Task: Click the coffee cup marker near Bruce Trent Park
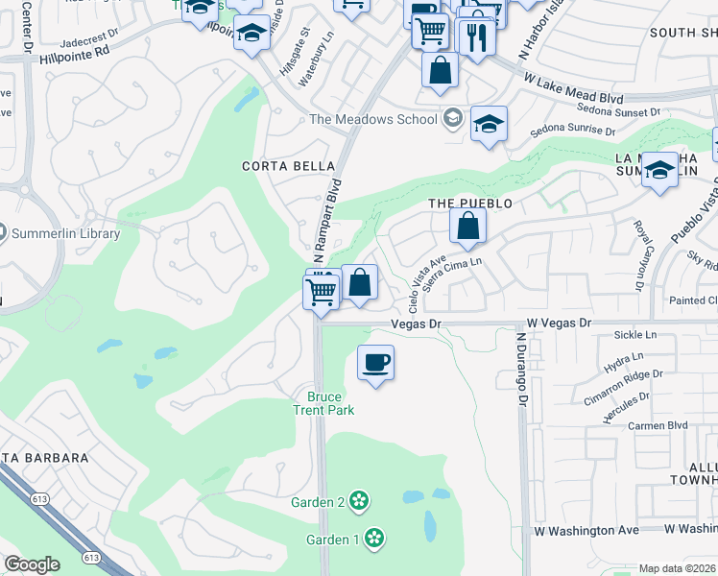[x=375, y=363]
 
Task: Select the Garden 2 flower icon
[x=359, y=500]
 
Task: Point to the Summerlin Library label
[x=64, y=233]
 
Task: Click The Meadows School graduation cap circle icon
[x=452, y=119]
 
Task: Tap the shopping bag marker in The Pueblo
[x=468, y=227]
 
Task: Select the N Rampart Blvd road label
[x=327, y=220]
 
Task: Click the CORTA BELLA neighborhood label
[x=278, y=165]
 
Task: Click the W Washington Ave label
[x=586, y=530]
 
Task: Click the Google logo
[x=32, y=564]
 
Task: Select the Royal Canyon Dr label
[x=638, y=255]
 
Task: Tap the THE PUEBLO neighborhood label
[x=470, y=204]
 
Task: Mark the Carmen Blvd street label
[x=658, y=425]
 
